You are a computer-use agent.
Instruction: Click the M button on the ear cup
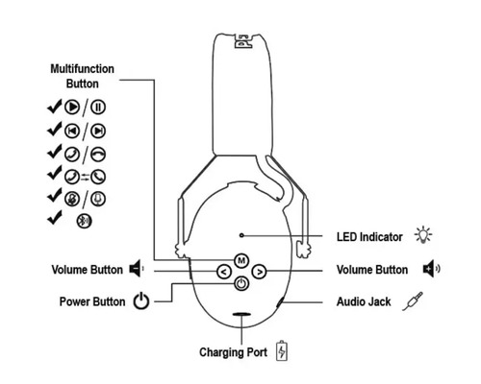coord(240,261)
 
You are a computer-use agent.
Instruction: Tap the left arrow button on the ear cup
coord(223,273)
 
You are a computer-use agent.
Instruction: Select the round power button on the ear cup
coord(240,284)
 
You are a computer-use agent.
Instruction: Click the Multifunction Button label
coord(82,77)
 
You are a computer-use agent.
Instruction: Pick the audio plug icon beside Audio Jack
coord(416,300)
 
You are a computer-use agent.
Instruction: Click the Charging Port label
coord(233,351)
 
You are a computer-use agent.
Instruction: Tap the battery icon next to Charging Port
coord(282,350)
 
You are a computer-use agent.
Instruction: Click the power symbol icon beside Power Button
coord(141,301)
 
